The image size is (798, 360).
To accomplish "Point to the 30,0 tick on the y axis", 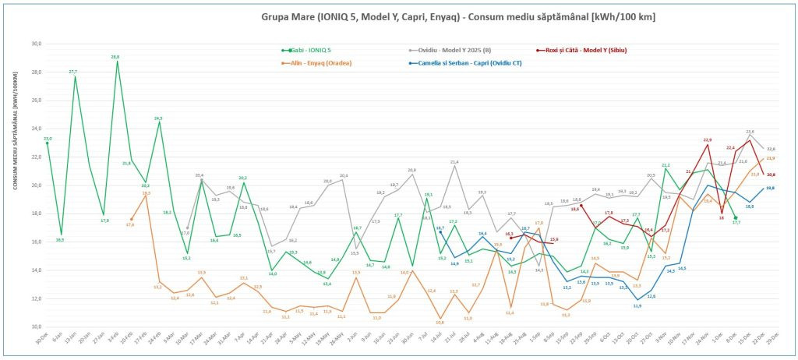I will (x=35, y=44).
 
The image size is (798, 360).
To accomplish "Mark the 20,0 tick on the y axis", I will (x=35, y=185).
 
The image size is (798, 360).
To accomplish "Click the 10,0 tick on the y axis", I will (x=35, y=326).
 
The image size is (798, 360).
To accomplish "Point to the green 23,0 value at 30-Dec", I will (x=48, y=139).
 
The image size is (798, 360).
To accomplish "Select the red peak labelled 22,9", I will (x=708, y=139).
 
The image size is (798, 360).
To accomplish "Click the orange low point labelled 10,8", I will (x=440, y=321).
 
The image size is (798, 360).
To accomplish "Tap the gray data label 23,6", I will (x=750, y=132).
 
